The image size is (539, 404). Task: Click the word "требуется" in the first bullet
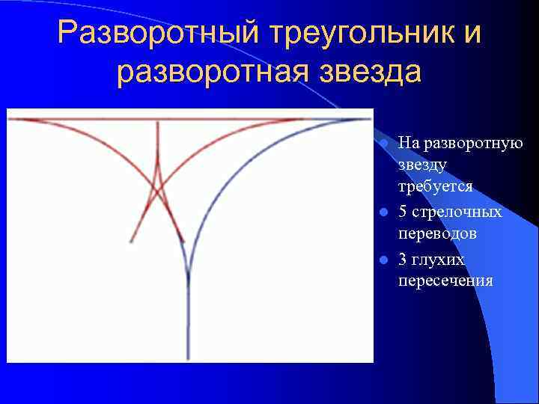[436, 186]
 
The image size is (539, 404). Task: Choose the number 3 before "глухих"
[403, 259]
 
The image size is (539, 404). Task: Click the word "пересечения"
[445, 281]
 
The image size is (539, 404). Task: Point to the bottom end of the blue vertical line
[188, 358]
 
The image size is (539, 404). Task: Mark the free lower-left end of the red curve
[132, 242]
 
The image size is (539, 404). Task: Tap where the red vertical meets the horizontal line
[158, 120]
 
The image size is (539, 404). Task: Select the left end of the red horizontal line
[10, 120]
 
